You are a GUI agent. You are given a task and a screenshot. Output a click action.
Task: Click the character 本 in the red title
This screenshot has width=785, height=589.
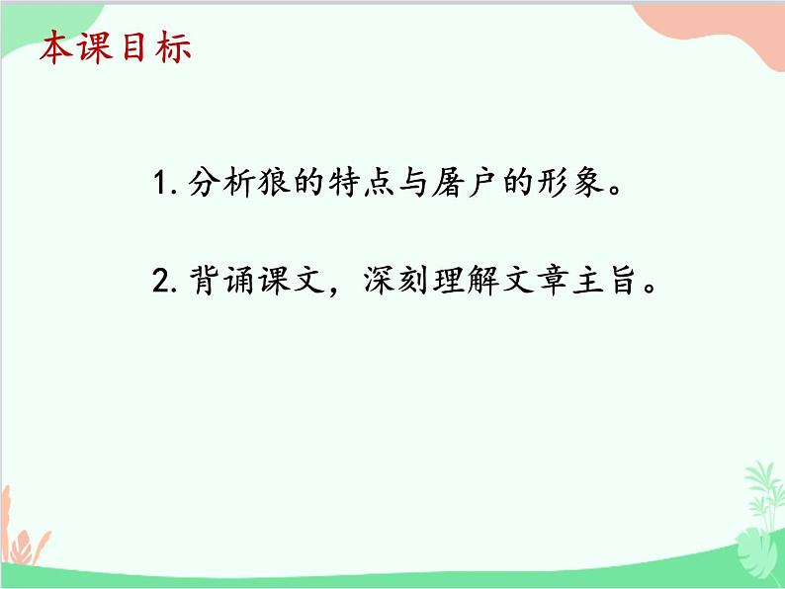[x=56, y=48]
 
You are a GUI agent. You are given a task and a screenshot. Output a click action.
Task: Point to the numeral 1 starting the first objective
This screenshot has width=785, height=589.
[x=161, y=185]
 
